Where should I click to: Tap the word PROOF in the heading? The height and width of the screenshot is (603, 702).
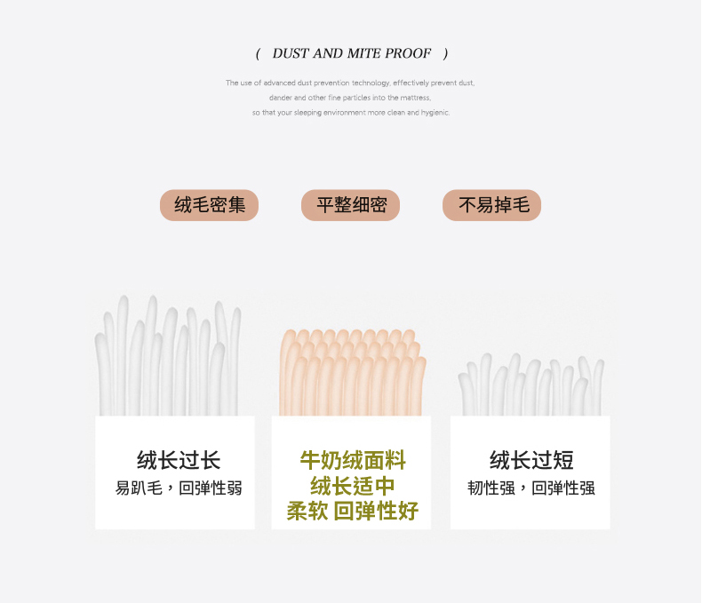408,53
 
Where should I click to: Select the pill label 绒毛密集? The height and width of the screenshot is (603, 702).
209,205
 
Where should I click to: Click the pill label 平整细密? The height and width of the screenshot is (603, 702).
350,205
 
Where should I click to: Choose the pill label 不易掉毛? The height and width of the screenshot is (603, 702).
492,205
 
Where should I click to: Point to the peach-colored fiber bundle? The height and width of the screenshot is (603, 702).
353,373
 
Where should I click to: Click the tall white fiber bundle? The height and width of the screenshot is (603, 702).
168,355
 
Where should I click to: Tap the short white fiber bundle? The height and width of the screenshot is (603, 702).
531,385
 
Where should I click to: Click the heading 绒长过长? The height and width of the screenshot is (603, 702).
179,460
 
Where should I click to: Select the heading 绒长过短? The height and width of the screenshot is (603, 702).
531,460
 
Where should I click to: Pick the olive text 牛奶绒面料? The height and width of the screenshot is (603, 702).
353,460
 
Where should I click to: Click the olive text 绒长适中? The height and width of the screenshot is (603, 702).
353,486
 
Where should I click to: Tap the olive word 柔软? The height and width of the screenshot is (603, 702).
307,511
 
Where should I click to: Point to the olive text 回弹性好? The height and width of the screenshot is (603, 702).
376,511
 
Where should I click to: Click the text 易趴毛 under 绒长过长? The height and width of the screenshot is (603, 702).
139,488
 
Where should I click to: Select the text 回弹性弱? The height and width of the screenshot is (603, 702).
211,488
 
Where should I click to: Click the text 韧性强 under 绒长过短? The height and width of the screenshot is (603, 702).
491,488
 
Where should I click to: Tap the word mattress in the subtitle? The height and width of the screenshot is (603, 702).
415,98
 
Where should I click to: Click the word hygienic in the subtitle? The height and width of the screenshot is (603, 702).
435,113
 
